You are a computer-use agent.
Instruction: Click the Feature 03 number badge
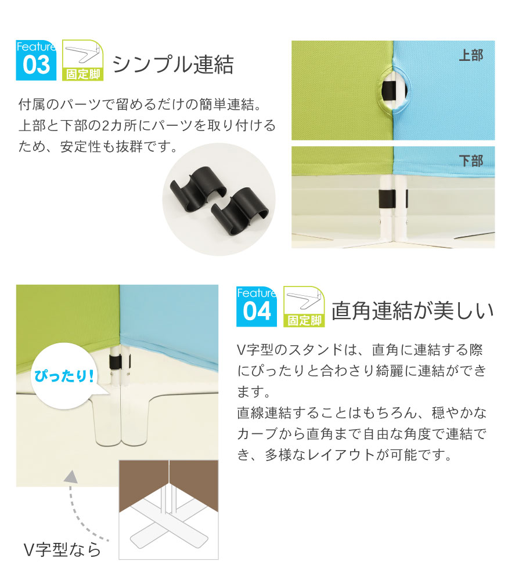point(36,60)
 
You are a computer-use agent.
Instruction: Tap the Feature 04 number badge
point(257,306)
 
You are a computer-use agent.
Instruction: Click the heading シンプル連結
point(173,64)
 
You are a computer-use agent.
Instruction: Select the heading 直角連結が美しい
point(412,310)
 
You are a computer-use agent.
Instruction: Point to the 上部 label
point(471,56)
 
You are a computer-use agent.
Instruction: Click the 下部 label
point(471,161)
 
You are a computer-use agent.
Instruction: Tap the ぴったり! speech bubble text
point(64,376)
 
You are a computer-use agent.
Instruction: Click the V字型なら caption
point(62,550)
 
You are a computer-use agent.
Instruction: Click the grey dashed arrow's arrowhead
point(71,477)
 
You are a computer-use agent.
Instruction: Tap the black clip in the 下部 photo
point(387,198)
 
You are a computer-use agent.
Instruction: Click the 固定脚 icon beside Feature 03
point(82,60)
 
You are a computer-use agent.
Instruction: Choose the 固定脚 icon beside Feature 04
point(304,306)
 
